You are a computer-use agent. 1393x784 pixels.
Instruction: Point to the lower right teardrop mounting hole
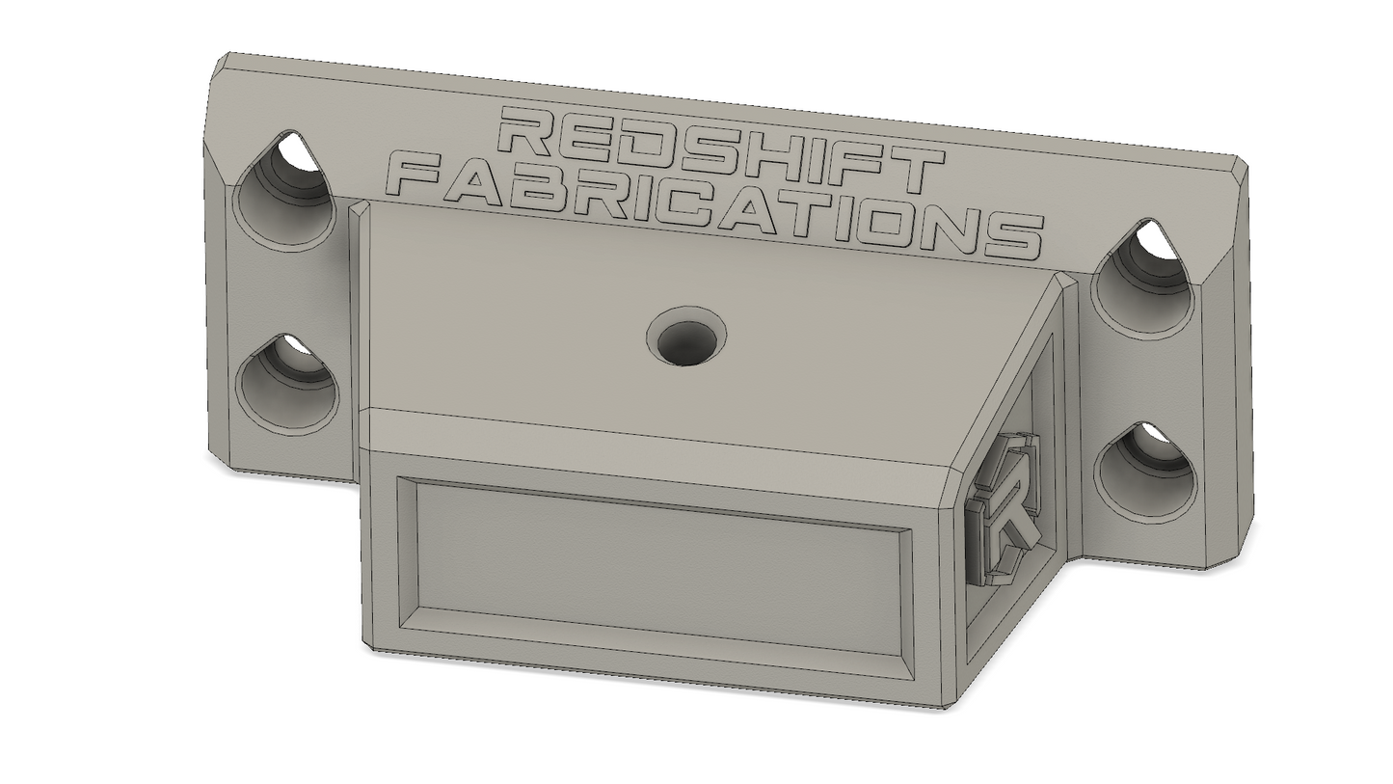(x=1145, y=473)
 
